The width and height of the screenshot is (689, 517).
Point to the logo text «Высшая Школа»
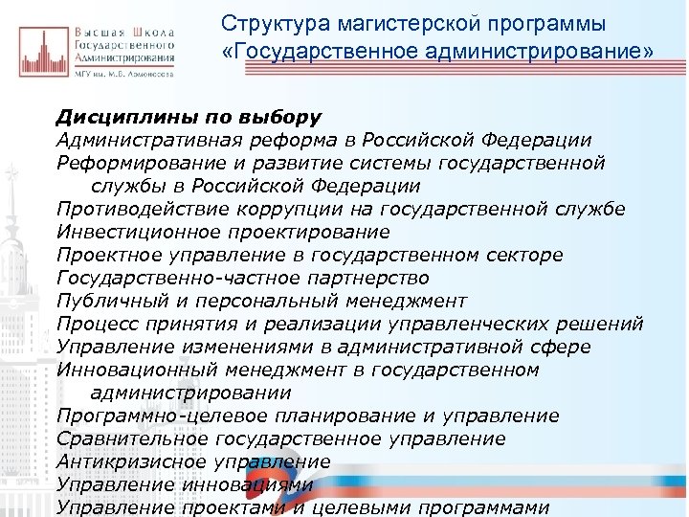click(124, 33)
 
